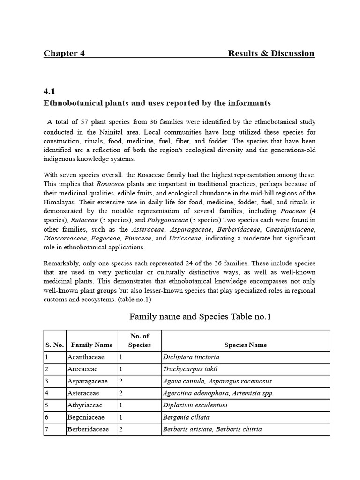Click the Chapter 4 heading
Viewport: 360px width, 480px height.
click(64, 53)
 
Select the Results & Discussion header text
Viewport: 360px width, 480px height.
click(271, 53)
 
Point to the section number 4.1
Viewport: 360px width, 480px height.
click(49, 92)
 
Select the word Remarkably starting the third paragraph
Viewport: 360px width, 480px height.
click(61, 264)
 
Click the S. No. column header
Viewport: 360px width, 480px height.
click(54, 345)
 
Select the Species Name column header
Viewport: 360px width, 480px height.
click(245, 345)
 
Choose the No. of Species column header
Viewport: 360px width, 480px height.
click(139, 340)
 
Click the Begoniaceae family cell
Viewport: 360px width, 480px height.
click(86, 417)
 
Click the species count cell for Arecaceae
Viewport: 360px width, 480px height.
click(121, 369)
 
